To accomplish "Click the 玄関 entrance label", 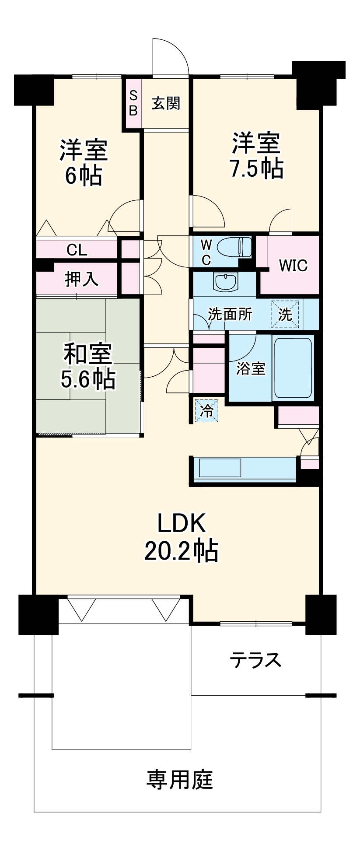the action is (166, 104).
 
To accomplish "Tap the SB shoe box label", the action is (133, 103).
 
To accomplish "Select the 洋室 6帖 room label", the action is (84, 162).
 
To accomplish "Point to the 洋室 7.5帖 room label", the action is (256, 154).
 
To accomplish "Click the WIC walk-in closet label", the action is (293, 265).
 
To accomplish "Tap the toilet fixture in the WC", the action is (234, 247).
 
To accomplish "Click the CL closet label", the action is (77, 250).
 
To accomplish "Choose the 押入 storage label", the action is (81, 279).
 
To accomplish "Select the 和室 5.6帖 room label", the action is (88, 367).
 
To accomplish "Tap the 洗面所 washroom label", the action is (230, 314).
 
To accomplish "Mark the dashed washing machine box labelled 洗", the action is (285, 314).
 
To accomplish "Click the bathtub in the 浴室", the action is (293, 368).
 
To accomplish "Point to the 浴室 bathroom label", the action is (251, 368).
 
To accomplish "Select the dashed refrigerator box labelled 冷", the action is (206, 410).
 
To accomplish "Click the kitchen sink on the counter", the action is (220, 468).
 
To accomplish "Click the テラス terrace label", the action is (256, 659).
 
